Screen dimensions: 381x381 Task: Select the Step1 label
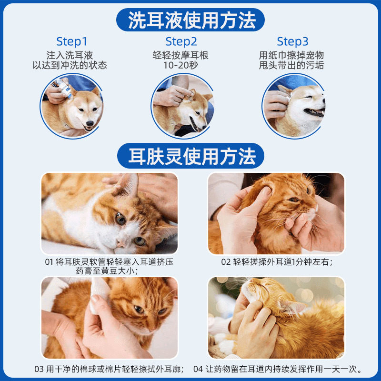click(x=72, y=41)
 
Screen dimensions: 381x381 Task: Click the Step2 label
click(x=181, y=41)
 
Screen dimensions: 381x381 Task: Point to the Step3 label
click(x=292, y=41)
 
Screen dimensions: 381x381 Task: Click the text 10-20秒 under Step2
click(x=180, y=66)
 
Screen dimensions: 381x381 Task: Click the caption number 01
click(x=50, y=262)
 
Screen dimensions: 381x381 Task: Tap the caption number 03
click(x=39, y=369)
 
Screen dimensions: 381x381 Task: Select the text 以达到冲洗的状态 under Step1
click(x=70, y=66)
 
